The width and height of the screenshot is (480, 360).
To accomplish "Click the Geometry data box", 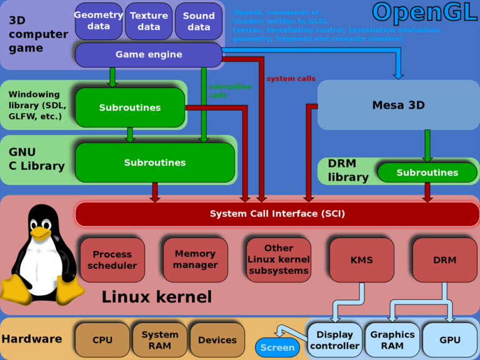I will point(99,21).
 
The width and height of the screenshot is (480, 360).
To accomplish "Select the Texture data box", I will point(149,21).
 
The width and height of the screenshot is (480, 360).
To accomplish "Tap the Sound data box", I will point(199,21).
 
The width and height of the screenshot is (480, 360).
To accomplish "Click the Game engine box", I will point(149,54).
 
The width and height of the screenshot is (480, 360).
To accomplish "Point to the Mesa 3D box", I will point(398,105).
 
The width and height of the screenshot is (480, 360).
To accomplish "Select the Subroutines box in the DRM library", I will point(427,172).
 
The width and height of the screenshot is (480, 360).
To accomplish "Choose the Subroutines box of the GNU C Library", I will point(155,162).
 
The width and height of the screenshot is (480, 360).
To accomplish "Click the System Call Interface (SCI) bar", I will point(277,214).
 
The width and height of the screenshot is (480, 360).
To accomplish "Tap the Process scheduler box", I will point(112,259).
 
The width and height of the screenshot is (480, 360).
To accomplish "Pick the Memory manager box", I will point(195,259).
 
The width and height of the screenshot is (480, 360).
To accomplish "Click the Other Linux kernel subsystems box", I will point(279,259).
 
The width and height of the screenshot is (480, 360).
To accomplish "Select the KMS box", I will point(362,259).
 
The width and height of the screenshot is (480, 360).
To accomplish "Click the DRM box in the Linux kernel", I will point(444,259).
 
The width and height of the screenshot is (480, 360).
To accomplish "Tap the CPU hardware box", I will point(102,340).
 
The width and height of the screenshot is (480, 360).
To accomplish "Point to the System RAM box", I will point(160,340).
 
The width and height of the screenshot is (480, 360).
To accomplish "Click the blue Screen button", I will point(277,347).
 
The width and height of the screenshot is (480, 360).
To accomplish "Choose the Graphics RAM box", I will point(392,340).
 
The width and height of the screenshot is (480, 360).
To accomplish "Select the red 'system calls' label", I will point(291,79).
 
